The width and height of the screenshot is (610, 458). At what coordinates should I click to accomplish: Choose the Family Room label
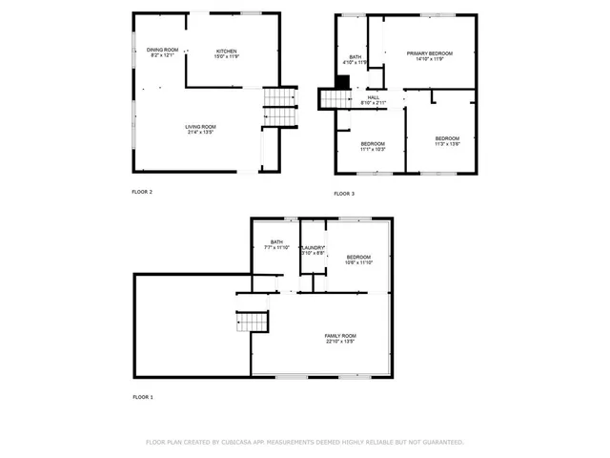pyautogui.click(x=339, y=338)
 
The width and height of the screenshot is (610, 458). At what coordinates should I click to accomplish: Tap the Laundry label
pyautogui.click(x=314, y=250)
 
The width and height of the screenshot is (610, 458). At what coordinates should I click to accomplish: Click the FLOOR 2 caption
pyautogui.click(x=142, y=192)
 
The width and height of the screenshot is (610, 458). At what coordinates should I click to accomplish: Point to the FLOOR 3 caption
pyautogui.click(x=344, y=194)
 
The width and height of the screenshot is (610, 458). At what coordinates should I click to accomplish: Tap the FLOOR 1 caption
pyautogui.click(x=142, y=397)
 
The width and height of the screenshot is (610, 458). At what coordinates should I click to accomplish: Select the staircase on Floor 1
pyautogui.click(x=251, y=323)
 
